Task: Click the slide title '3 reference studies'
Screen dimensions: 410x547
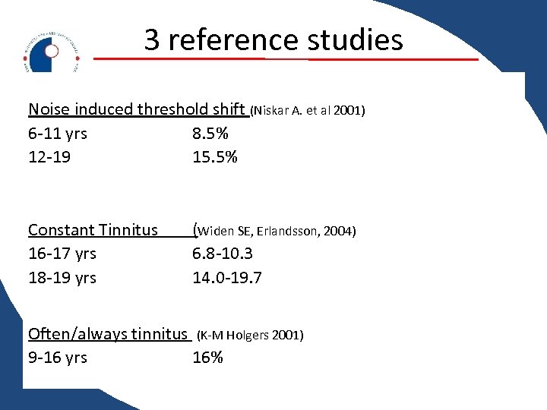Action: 273,39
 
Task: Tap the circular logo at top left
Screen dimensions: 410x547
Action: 51,52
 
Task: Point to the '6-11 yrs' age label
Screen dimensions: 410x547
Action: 58,134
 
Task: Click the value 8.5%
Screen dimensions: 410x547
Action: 210,134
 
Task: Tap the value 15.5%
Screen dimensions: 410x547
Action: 215,157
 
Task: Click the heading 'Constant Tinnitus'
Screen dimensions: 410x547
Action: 93,229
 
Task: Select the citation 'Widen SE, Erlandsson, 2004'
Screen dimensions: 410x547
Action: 276,231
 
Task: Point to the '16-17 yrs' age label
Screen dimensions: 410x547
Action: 62,254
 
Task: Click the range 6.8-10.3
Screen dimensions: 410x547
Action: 223,254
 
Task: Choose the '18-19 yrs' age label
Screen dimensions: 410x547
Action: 62,278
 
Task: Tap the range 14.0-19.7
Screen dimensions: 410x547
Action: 227,278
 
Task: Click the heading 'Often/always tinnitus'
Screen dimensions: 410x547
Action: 107,333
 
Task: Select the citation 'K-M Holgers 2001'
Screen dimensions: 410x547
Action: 250,335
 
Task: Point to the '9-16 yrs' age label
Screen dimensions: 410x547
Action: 58,358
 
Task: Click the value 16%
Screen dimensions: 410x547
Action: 207,358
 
